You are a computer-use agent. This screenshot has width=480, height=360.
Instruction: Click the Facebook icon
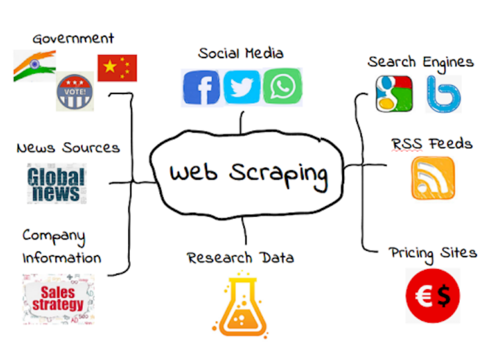[201, 87]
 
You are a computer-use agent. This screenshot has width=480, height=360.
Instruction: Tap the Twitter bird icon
[241, 87]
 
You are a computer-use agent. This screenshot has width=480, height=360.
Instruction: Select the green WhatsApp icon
[282, 86]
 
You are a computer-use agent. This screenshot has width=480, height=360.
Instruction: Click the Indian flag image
[35, 66]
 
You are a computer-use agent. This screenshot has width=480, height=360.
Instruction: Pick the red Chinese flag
[117, 68]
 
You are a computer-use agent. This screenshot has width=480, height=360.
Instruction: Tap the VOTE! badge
[75, 91]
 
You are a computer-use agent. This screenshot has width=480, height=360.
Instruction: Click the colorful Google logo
[394, 94]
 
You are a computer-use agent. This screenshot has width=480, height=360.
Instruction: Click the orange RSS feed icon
[433, 178]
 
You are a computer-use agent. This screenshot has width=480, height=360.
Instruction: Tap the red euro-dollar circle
[432, 296]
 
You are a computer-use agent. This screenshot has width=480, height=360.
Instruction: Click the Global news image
[57, 184]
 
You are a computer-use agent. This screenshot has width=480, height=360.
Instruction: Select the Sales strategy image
[58, 299]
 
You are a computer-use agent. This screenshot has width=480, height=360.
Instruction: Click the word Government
[73, 39]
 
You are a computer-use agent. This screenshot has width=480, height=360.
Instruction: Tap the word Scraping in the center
[278, 174]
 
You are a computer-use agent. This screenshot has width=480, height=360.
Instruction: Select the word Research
[219, 257]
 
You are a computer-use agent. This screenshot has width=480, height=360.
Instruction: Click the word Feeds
[450, 143]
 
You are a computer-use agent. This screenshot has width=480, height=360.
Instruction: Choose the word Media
[264, 53]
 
